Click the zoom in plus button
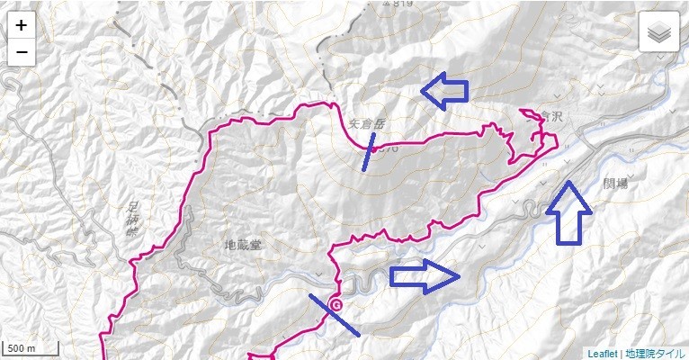22,25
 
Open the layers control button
659,32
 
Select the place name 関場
617,183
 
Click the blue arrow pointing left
444,90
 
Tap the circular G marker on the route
336,305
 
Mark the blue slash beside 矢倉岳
369,152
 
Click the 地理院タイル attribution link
655,353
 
